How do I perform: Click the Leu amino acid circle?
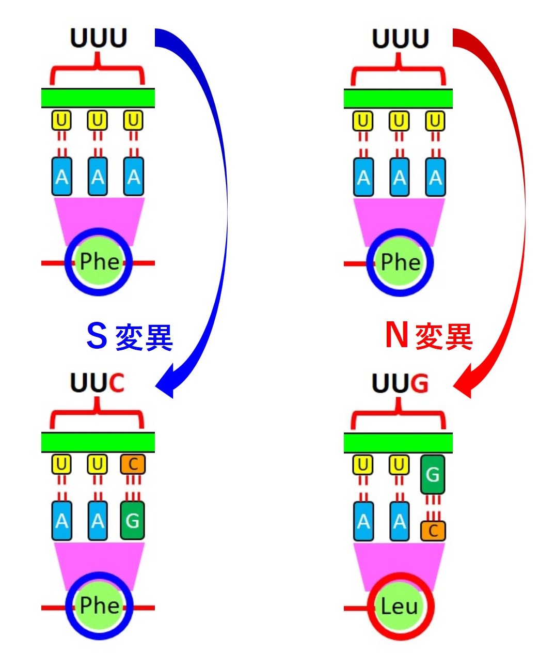coord(400,606)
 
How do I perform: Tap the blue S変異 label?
coord(130,336)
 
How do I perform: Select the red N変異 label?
coord(429,336)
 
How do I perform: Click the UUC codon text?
coord(97,383)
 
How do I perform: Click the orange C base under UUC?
coord(133,464)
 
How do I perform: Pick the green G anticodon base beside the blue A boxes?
coord(133,520)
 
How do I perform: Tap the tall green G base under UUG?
coord(433,474)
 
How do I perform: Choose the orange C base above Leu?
coord(433,531)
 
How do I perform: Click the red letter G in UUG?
coord(420,383)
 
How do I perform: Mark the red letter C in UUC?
coord(116,383)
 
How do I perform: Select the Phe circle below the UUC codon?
coord(99,605)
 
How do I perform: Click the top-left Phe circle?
coord(99,261)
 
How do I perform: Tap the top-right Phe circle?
coord(400,262)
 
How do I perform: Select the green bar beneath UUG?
coord(398,443)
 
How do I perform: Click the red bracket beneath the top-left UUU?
coord(97,72)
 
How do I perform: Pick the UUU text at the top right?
coord(400,38)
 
